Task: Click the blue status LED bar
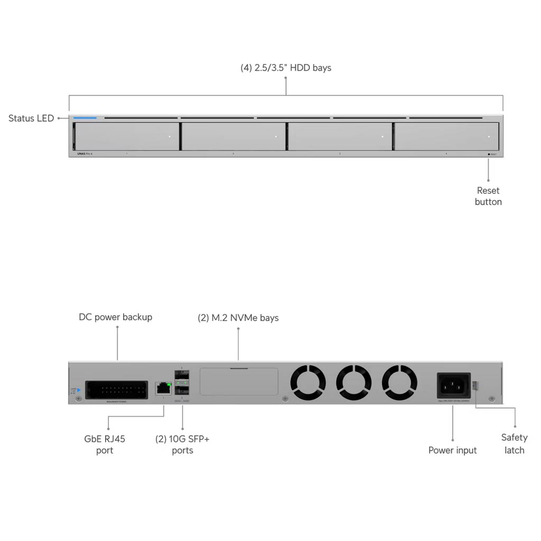pos(85,118)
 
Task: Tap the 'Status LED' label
pos(31,118)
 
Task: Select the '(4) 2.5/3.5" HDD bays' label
pos(286,68)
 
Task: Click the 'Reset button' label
pos(488,196)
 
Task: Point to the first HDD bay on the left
pos(126,137)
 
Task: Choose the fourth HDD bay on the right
pos(446,137)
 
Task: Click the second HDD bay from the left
pos(233,137)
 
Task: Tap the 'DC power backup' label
pos(116,317)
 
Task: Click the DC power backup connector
pos(116,390)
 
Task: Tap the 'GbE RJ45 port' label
pos(105,444)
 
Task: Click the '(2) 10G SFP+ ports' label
pos(182,444)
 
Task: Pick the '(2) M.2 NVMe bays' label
pos(238,318)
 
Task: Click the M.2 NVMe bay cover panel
pos(239,381)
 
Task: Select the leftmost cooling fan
pos(308,383)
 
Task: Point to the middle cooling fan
pos(353,383)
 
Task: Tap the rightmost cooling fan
pos(399,383)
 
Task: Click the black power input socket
pos(453,386)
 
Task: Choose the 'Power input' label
pos(452,450)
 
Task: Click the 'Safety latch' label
pos(514,444)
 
